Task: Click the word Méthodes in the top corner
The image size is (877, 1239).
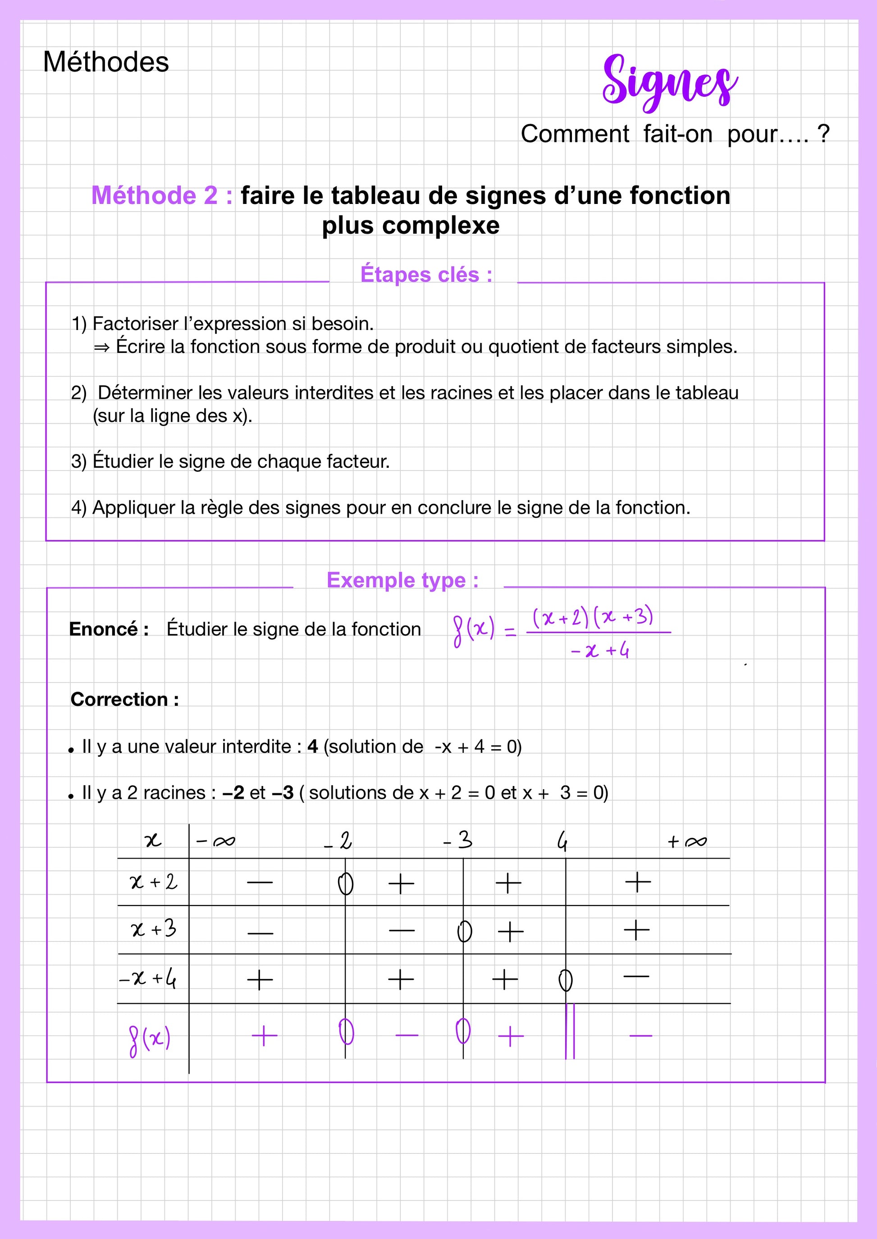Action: (106, 62)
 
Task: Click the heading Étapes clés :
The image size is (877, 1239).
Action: (426, 275)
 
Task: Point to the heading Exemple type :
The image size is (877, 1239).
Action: (402, 580)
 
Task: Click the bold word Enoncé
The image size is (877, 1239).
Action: (104, 629)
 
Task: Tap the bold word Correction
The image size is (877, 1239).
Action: (119, 699)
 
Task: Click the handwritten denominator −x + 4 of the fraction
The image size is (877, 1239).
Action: (599, 651)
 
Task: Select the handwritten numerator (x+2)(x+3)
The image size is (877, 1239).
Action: (593, 617)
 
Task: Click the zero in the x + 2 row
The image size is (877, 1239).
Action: (346, 884)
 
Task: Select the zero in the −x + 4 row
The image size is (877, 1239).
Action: (566, 981)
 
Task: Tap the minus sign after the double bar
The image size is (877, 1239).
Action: (640, 1036)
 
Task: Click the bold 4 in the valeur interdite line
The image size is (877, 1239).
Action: (312, 746)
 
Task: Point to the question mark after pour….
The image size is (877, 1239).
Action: (823, 133)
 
